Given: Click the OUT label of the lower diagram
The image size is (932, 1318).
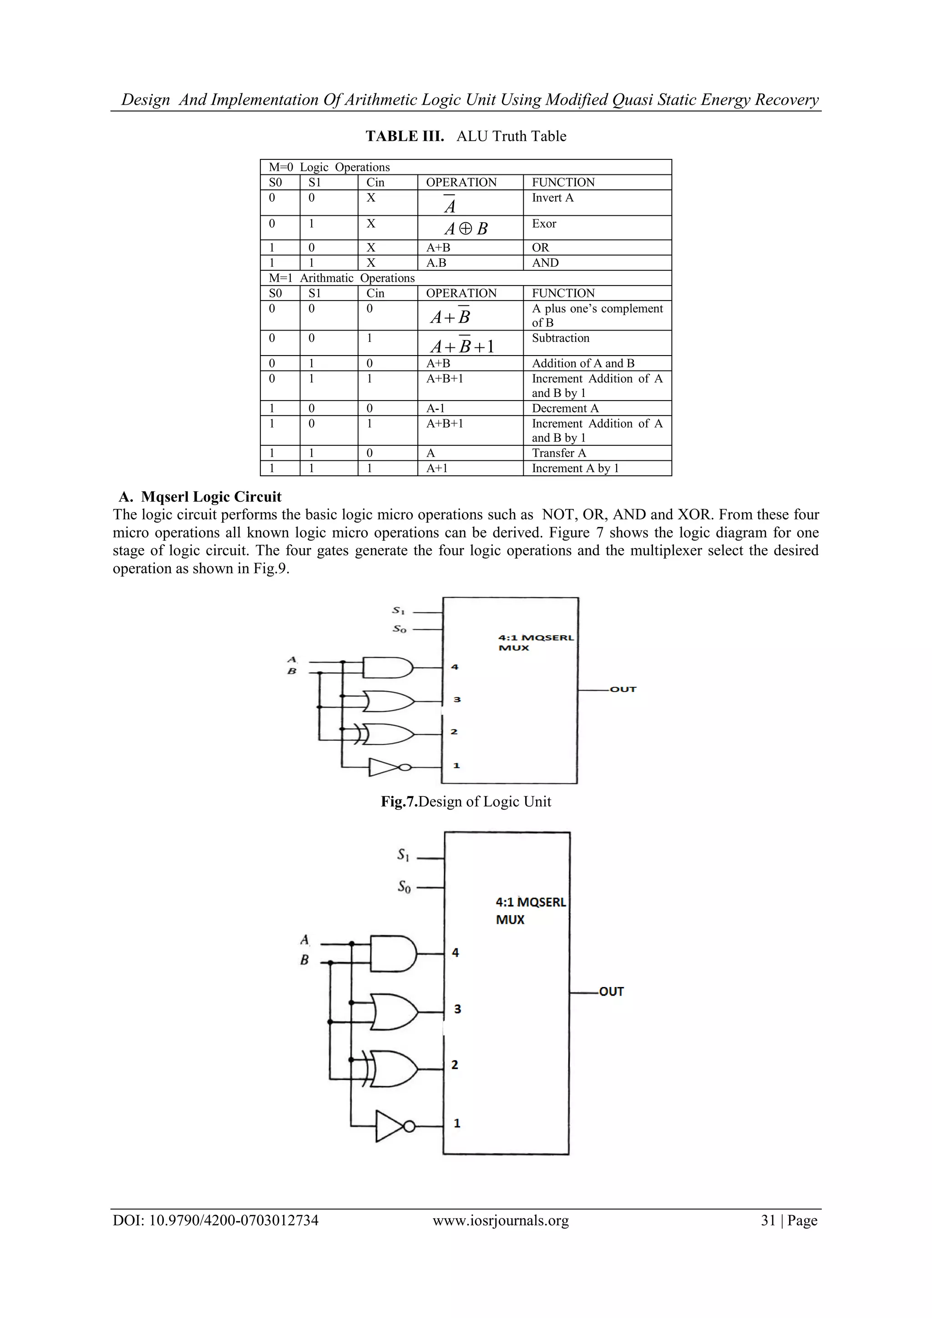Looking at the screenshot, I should click(x=611, y=992).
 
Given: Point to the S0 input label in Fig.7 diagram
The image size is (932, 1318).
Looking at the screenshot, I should click(x=400, y=629).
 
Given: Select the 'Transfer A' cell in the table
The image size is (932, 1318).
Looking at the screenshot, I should click(x=559, y=453).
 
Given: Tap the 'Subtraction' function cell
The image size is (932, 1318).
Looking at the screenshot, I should click(x=561, y=338).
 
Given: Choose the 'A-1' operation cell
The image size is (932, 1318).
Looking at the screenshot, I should click(x=436, y=408).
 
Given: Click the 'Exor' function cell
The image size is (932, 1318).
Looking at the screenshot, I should click(x=544, y=224).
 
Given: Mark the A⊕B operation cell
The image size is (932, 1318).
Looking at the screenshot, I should click(x=466, y=229).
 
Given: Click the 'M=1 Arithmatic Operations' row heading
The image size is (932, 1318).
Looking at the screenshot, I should click(x=342, y=278).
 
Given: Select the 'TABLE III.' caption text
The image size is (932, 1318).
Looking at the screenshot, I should click(x=405, y=136).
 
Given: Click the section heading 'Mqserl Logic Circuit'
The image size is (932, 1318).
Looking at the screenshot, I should click(x=211, y=497).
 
